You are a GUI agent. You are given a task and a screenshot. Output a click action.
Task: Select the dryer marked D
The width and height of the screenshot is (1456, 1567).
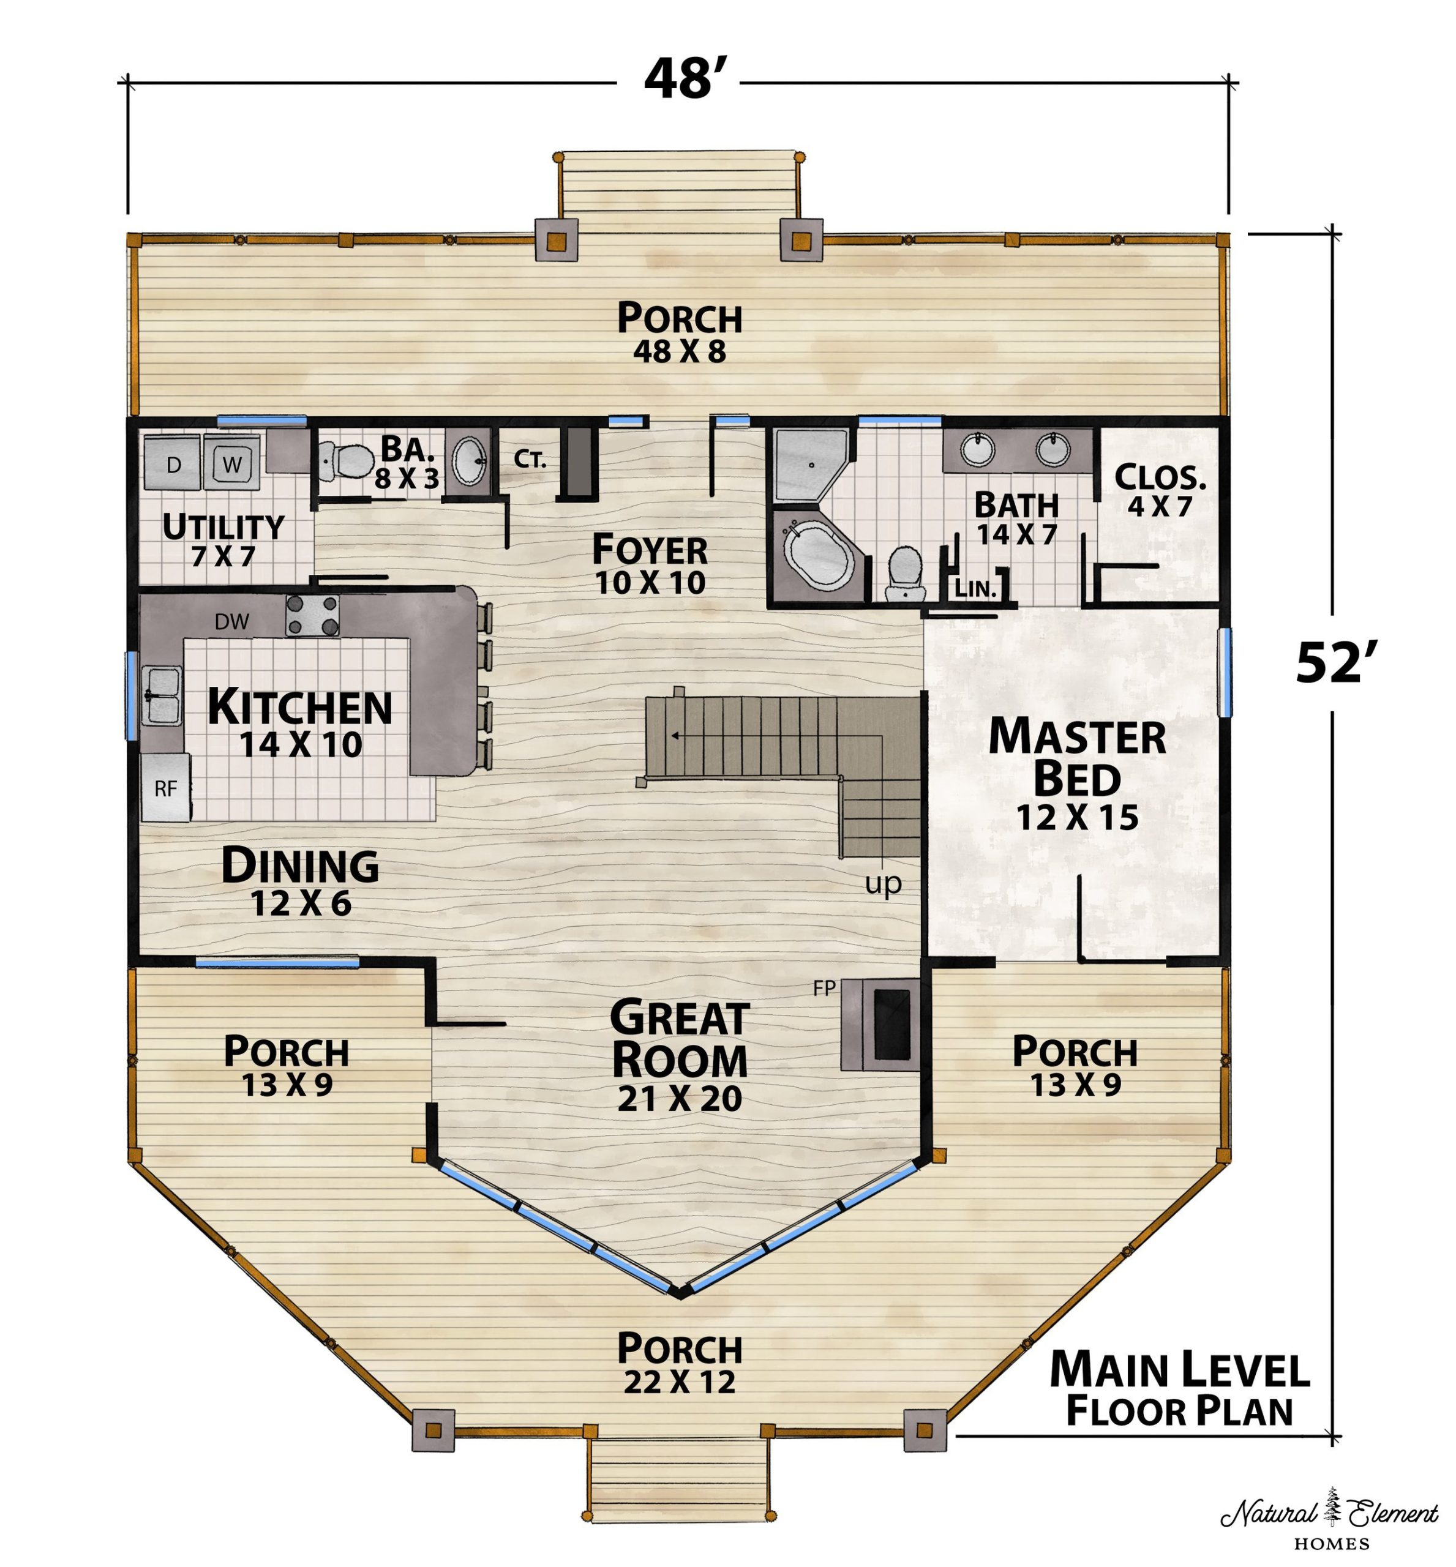(173, 464)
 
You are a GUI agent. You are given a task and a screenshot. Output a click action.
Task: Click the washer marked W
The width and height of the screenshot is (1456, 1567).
(231, 463)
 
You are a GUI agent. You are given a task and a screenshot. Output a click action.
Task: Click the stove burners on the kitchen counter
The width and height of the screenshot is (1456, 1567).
(313, 615)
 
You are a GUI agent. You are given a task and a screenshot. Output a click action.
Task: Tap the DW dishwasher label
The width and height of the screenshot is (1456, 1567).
(233, 622)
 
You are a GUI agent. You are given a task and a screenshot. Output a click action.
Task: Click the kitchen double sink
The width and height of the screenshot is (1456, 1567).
(162, 694)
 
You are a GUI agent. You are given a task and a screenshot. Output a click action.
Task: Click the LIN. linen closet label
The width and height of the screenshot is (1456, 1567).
(975, 588)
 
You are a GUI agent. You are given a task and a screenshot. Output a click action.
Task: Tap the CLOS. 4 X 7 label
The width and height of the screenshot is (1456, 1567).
(1160, 490)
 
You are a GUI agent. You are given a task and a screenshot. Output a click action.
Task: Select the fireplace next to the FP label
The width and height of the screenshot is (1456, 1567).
(880, 1024)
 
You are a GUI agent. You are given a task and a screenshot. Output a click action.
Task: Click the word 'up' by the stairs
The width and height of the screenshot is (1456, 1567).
(883, 884)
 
